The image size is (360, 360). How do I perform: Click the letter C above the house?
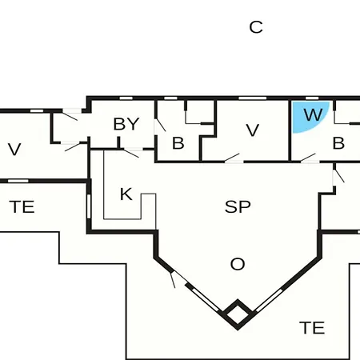point(256,27)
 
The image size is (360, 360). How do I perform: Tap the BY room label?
point(126,124)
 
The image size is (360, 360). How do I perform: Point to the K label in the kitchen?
point(126,194)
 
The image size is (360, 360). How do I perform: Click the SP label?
point(238,207)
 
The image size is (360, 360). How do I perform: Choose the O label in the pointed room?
point(238,264)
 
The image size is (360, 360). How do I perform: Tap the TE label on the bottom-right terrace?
point(312,328)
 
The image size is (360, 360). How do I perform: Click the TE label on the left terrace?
point(22,207)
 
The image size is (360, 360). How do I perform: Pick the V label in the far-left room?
point(14,150)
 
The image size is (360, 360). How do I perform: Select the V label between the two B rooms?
point(253,130)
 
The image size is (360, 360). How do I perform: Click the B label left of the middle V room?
point(178,143)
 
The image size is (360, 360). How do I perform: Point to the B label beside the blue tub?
point(338,143)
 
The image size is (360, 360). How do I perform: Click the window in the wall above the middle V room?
point(252,98)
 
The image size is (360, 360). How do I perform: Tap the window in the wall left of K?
point(89,204)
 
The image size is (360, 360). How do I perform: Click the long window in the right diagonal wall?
point(268,300)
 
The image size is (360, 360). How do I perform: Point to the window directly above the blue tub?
point(312,98)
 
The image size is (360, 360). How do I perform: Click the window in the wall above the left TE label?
point(18,181)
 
